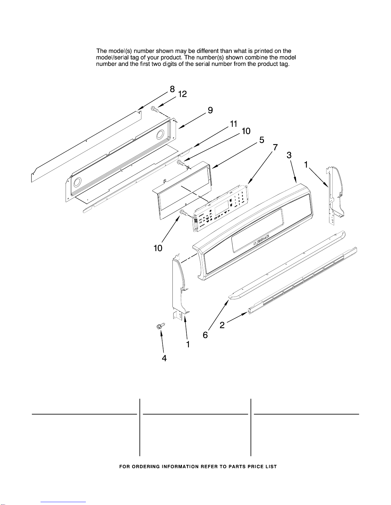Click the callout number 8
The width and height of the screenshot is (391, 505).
[172, 89]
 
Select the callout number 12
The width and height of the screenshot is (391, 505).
[182, 94]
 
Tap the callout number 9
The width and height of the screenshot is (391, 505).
[210, 110]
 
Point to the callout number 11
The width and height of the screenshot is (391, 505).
[234, 124]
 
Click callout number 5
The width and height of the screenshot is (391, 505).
[262, 140]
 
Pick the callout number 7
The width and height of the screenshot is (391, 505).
[275, 148]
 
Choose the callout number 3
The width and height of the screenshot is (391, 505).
[289, 155]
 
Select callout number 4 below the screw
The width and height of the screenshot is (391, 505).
[164, 358]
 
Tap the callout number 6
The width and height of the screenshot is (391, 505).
[205, 335]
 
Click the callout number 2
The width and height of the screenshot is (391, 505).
[222, 325]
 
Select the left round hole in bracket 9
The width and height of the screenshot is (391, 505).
[77, 183]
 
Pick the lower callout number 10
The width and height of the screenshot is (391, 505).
[158, 248]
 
